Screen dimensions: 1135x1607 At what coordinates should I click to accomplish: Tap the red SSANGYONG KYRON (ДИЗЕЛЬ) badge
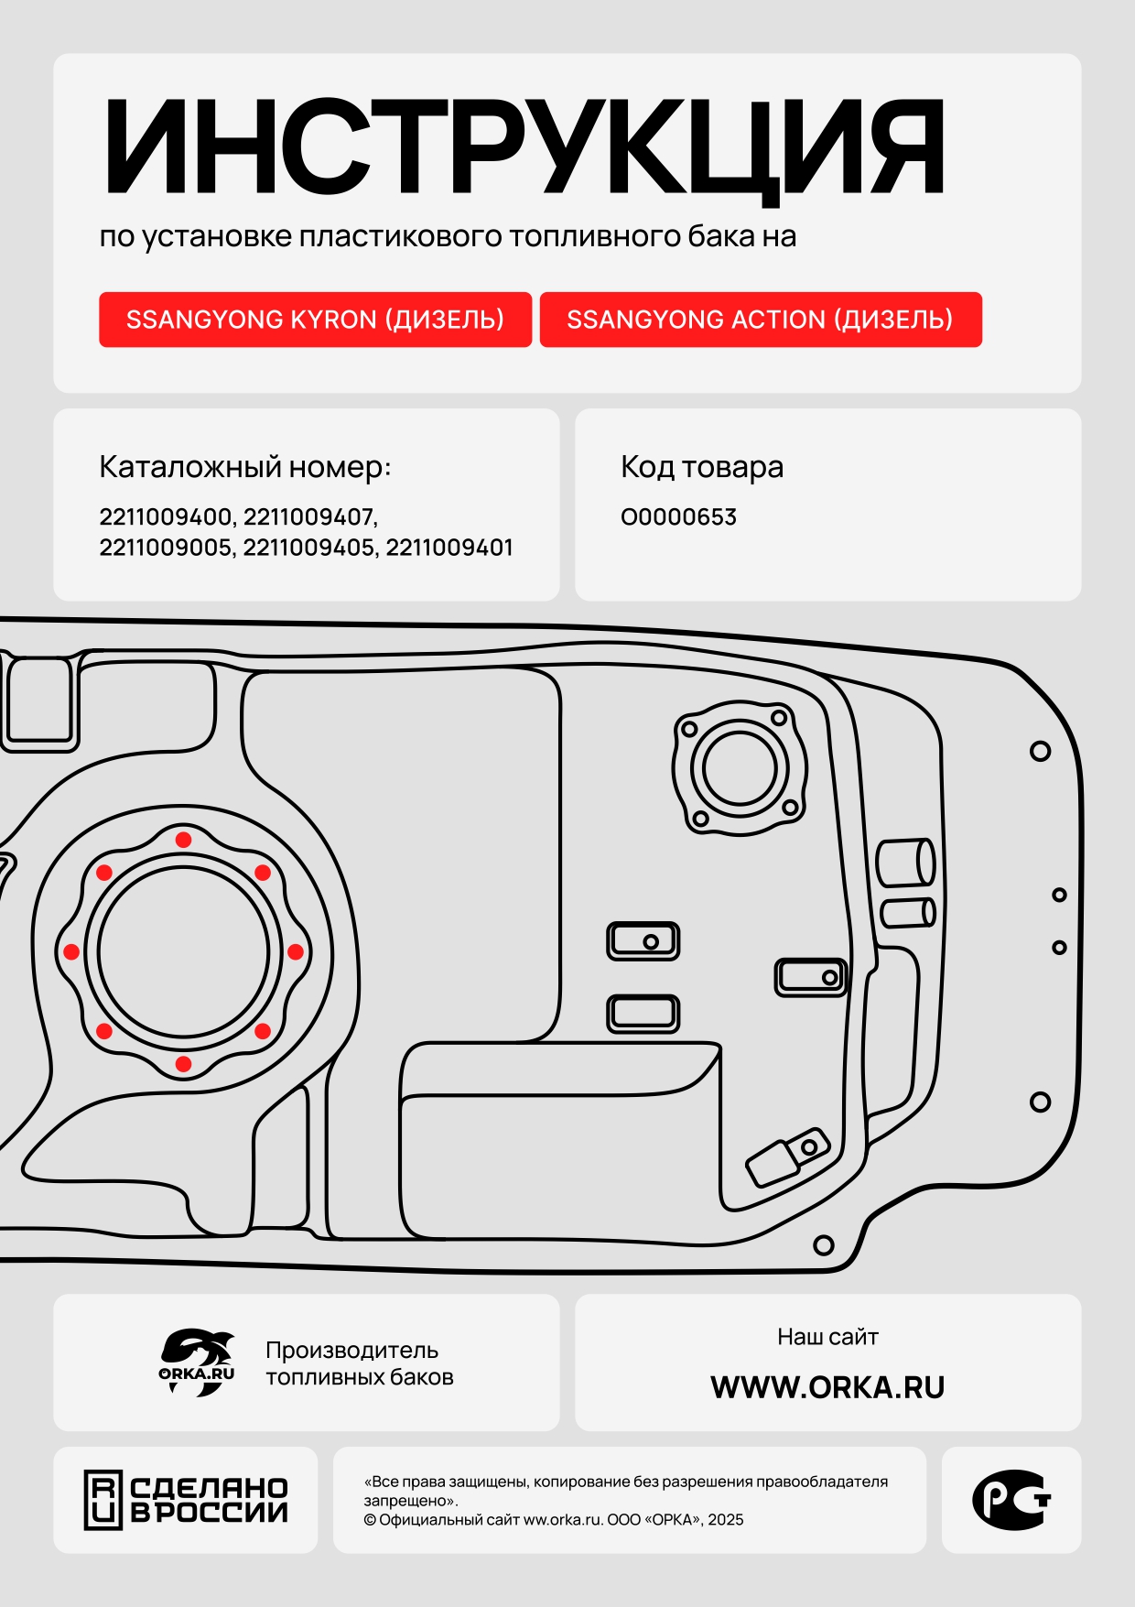(x=315, y=320)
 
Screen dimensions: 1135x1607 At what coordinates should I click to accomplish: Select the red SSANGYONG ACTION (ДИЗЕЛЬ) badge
(x=761, y=320)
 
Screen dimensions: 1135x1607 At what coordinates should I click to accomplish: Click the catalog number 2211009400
(x=166, y=516)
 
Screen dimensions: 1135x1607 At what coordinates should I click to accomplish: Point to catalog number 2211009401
(x=449, y=548)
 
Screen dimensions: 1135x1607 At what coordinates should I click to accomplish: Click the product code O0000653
(x=678, y=517)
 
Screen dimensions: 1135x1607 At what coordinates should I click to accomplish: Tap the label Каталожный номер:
(x=245, y=468)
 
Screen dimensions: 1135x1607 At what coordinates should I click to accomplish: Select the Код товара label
(x=702, y=468)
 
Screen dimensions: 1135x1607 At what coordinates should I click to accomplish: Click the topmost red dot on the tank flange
(x=183, y=840)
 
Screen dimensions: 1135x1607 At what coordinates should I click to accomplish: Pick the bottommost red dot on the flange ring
(x=183, y=1064)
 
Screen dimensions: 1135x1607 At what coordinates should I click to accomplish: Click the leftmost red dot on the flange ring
(x=71, y=952)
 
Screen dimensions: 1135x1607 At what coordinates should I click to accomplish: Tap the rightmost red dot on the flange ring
(x=295, y=952)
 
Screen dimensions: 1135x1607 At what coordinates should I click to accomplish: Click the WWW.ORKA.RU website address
(x=827, y=1387)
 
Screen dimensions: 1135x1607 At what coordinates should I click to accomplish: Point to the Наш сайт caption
(x=827, y=1337)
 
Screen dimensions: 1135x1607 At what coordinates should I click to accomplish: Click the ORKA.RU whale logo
(x=197, y=1363)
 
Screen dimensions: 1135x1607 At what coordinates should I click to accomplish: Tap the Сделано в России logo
(x=187, y=1500)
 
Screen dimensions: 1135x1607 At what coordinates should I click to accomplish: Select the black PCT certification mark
(x=1011, y=1500)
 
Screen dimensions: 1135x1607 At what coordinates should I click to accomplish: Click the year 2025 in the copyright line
(x=725, y=1520)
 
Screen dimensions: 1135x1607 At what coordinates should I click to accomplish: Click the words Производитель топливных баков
(x=360, y=1363)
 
